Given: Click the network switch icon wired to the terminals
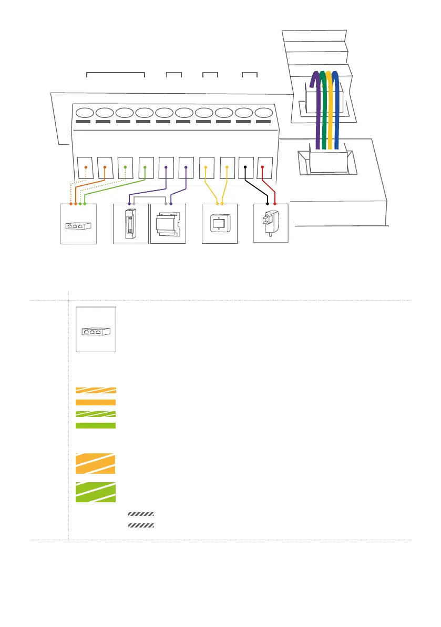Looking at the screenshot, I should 78,225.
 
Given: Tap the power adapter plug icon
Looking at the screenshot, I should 271,224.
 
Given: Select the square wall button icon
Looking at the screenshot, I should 220,223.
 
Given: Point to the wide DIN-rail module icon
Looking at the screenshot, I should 168,224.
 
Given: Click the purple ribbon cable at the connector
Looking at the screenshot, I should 315,105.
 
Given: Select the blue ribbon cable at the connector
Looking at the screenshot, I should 336,105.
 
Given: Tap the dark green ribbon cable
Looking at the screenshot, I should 323,105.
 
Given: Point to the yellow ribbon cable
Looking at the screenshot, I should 329,105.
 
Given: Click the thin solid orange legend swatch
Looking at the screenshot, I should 96,402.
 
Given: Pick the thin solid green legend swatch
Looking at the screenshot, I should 96,425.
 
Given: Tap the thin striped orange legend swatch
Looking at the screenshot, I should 96,391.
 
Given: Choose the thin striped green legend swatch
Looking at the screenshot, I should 96,414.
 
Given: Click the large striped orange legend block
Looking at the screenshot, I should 96,463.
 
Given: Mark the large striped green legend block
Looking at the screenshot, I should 96,492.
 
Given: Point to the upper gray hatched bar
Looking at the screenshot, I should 141,513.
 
